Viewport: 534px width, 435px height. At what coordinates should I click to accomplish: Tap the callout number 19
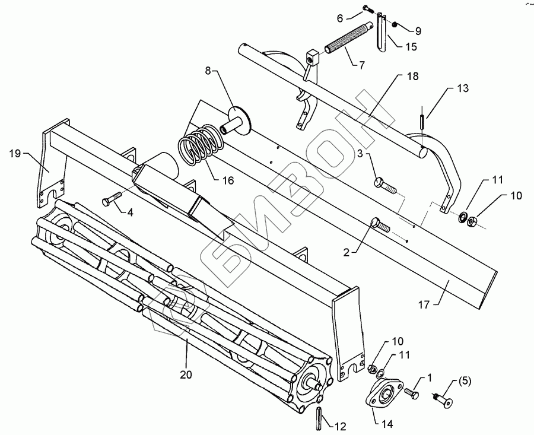point(15,154)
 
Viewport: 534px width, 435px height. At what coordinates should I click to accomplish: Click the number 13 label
point(462,88)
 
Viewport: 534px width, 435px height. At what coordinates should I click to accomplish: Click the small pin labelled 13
point(421,120)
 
